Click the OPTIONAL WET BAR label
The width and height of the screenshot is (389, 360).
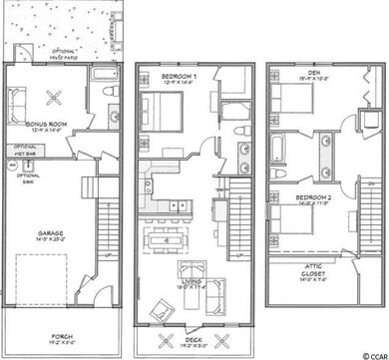pos(27,155)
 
